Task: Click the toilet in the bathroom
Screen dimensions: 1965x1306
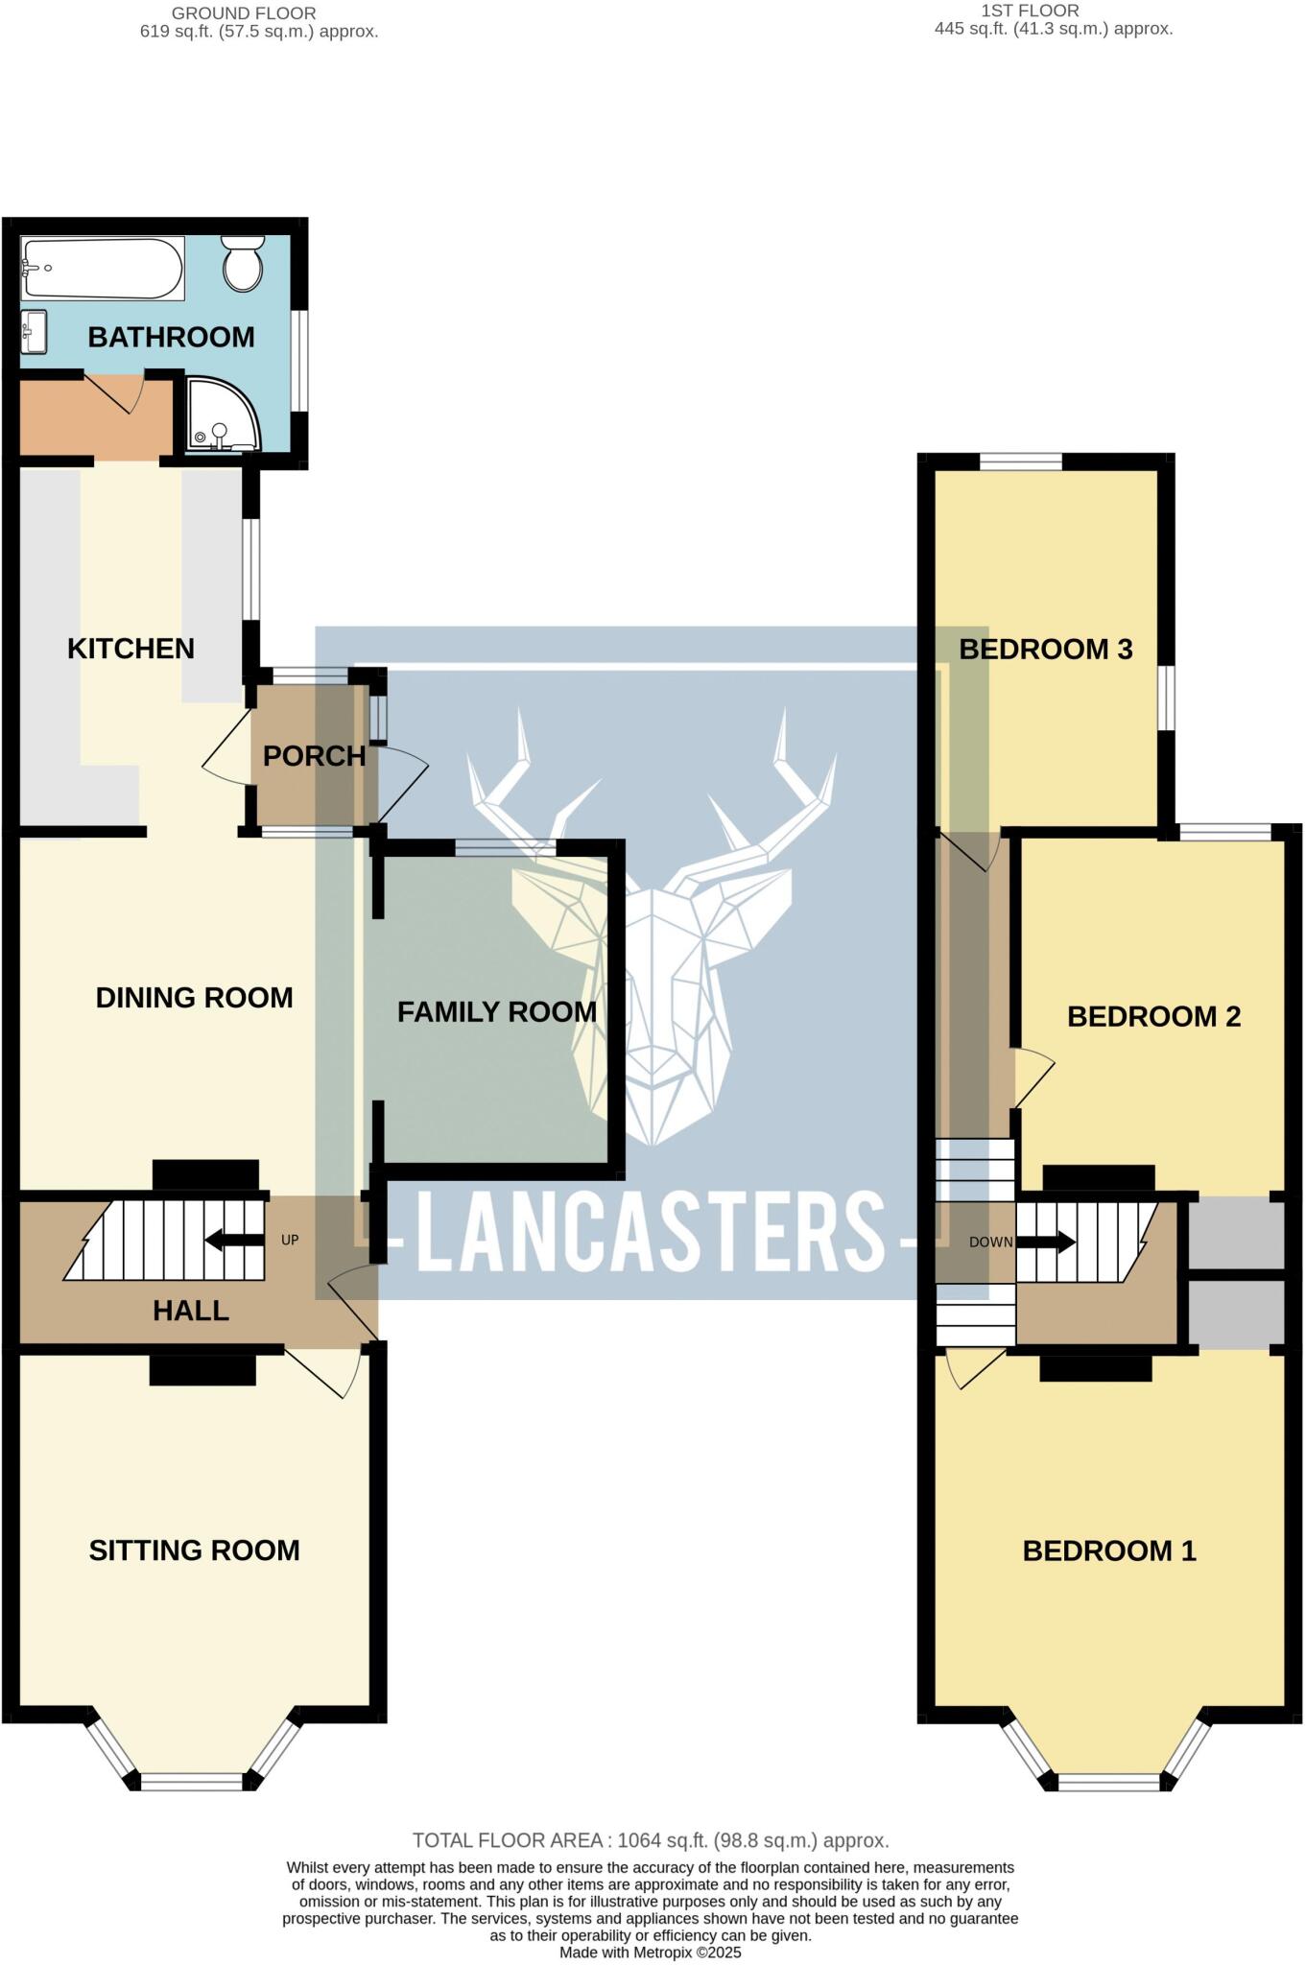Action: point(243,264)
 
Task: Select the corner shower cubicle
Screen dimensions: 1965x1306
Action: point(222,414)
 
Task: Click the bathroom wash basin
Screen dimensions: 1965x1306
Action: point(33,331)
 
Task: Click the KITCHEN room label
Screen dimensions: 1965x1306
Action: point(131,649)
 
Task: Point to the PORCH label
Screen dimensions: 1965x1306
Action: point(314,756)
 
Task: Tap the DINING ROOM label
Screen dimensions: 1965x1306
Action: point(194,998)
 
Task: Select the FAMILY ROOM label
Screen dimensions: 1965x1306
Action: point(496,1011)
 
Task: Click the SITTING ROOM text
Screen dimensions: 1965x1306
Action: point(194,1551)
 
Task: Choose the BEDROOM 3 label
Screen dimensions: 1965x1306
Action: point(1045,650)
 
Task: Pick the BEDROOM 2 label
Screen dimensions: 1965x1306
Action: point(1153,1016)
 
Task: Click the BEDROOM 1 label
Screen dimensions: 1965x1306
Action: point(1108,1551)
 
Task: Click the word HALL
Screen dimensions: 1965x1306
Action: point(190,1311)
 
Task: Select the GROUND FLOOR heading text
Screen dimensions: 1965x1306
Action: point(243,13)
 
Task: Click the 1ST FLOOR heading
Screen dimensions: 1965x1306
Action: point(1030,11)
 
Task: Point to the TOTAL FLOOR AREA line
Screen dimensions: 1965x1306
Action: point(650,1840)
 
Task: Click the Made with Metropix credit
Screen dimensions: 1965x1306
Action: point(650,1953)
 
